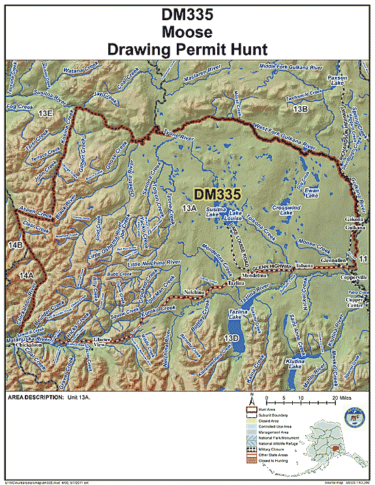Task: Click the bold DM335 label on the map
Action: coord(218,194)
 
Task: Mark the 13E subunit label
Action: coord(45,114)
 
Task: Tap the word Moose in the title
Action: coord(187,31)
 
